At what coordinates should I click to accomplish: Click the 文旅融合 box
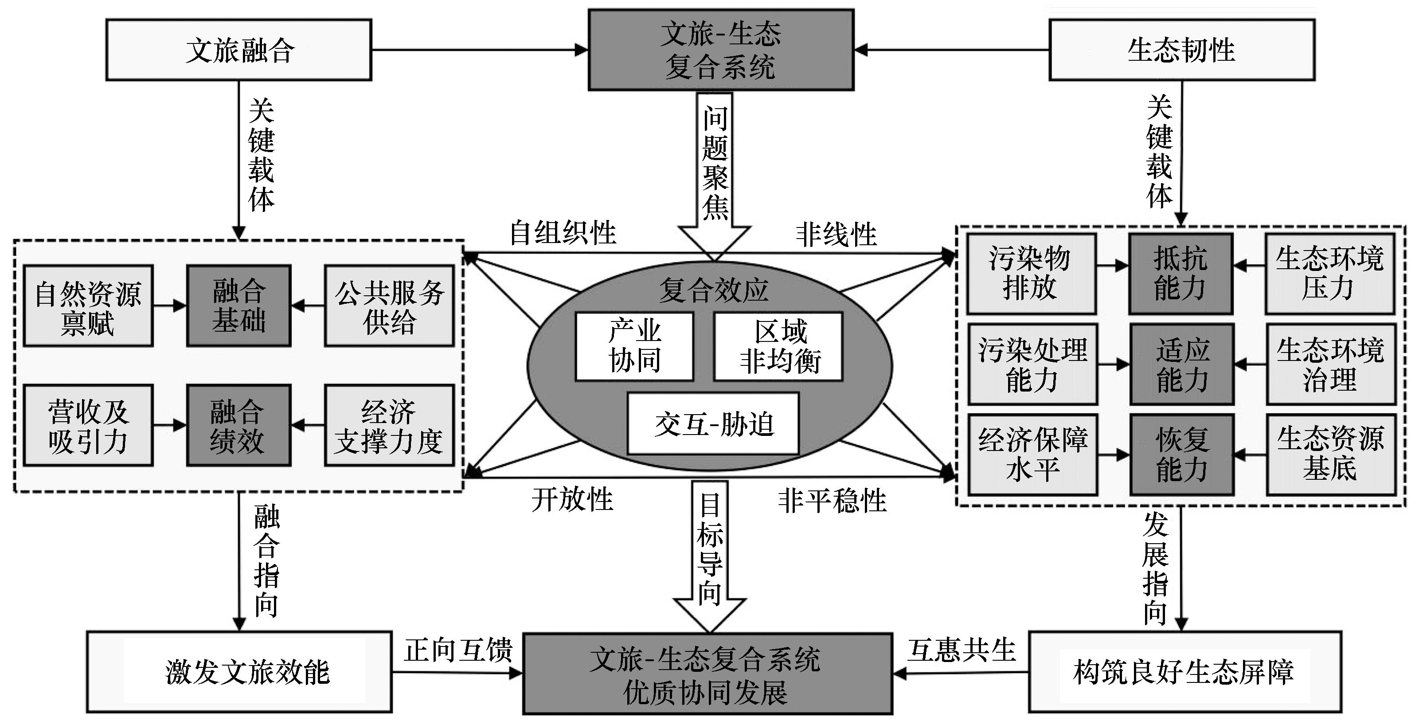(x=238, y=50)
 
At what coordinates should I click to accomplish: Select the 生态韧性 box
(x=1181, y=50)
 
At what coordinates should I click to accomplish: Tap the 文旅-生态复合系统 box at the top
(x=720, y=50)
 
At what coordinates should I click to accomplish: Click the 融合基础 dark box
(x=238, y=306)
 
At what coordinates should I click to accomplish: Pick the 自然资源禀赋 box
(x=88, y=306)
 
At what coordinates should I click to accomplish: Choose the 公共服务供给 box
(x=389, y=306)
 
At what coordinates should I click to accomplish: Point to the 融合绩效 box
(x=238, y=425)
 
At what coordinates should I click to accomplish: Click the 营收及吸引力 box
(x=88, y=425)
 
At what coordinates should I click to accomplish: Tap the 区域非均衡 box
(x=778, y=346)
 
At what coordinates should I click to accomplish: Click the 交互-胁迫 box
(x=713, y=423)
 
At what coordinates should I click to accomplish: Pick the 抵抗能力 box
(x=1181, y=274)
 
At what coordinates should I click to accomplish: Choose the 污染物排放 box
(x=1031, y=274)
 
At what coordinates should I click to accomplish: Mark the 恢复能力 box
(x=1181, y=455)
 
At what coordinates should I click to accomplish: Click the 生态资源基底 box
(x=1330, y=455)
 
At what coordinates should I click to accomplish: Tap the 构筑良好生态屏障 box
(x=1184, y=671)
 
